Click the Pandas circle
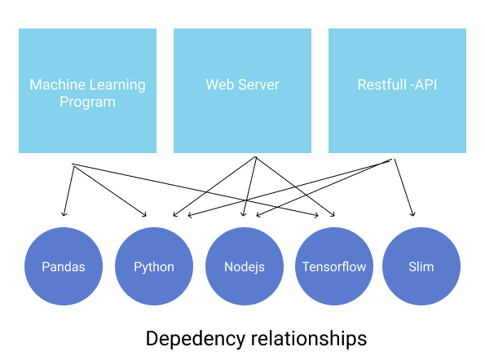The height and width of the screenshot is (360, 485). coord(64,266)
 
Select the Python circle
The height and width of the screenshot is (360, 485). coord(154,266)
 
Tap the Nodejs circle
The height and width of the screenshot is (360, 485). coord(245,266)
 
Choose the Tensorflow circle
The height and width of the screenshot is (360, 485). coord(334,266)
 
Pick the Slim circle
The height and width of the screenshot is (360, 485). coord(421,266)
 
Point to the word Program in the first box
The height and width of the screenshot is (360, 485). coord(87,102)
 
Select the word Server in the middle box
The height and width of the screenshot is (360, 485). coord(258,85)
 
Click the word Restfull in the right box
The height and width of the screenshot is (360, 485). coord(382,85)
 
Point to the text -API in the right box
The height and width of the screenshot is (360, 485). coord(424,85)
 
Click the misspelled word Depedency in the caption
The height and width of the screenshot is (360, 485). coord(196,339)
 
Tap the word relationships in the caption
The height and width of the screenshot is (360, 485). coord(309,339)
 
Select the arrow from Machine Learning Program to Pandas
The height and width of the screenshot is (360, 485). coord(68,191)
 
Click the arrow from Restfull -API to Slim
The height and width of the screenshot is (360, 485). coord(403,187)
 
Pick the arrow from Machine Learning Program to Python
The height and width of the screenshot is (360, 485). coord(110,191)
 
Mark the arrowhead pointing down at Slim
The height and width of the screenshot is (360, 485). coord(413,214)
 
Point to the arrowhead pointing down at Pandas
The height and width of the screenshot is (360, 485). coord(64,213)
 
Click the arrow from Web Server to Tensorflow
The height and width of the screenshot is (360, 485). coord(295,187)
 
